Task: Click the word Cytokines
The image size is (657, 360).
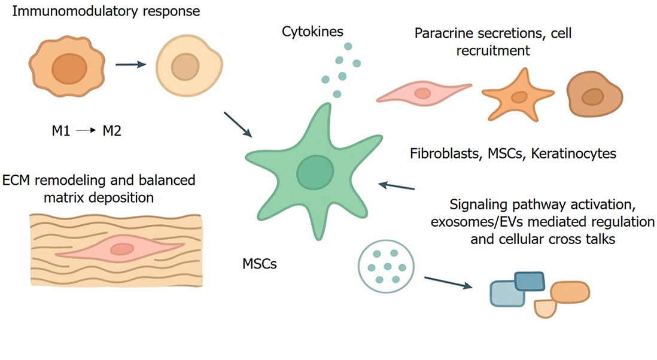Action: pos(312,32)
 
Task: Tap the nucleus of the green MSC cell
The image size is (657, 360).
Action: pos(313,171)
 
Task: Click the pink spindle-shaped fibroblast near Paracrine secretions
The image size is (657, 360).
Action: pos(423,92)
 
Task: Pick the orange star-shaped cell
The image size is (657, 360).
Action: pos(518,96)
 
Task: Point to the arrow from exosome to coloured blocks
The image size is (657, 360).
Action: pos(446,282)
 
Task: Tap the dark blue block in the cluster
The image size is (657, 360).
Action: pos(529,282)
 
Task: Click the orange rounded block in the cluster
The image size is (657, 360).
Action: pos(571,291)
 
